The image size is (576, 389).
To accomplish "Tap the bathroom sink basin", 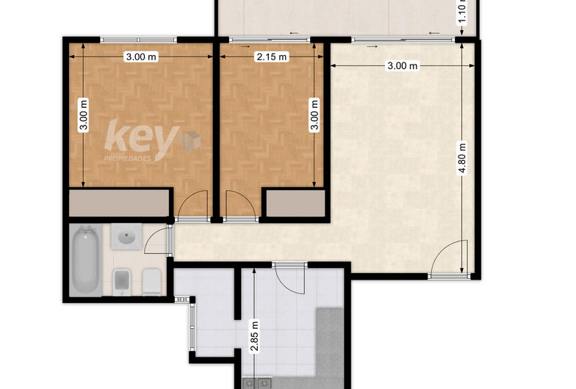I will pyautogui.click(x=124, y=238).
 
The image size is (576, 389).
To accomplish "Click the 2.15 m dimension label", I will pyautogui.click(x=271, y=57).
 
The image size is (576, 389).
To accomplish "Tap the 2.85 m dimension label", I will pyautogui.click(x=254, y=337).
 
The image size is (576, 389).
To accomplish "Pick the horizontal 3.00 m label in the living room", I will pyautogui.click(x=402, y=66).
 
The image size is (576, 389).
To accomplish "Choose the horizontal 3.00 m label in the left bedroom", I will pyautogui.click(x=140, y=57).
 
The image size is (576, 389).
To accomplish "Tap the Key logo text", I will pyautogui.click(x=142, y=137).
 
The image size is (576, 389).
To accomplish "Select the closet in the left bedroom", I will pyautogui.click(x=120, y=203).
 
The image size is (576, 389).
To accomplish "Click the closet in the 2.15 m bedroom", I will pyautogui.click(x=294, y=203).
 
